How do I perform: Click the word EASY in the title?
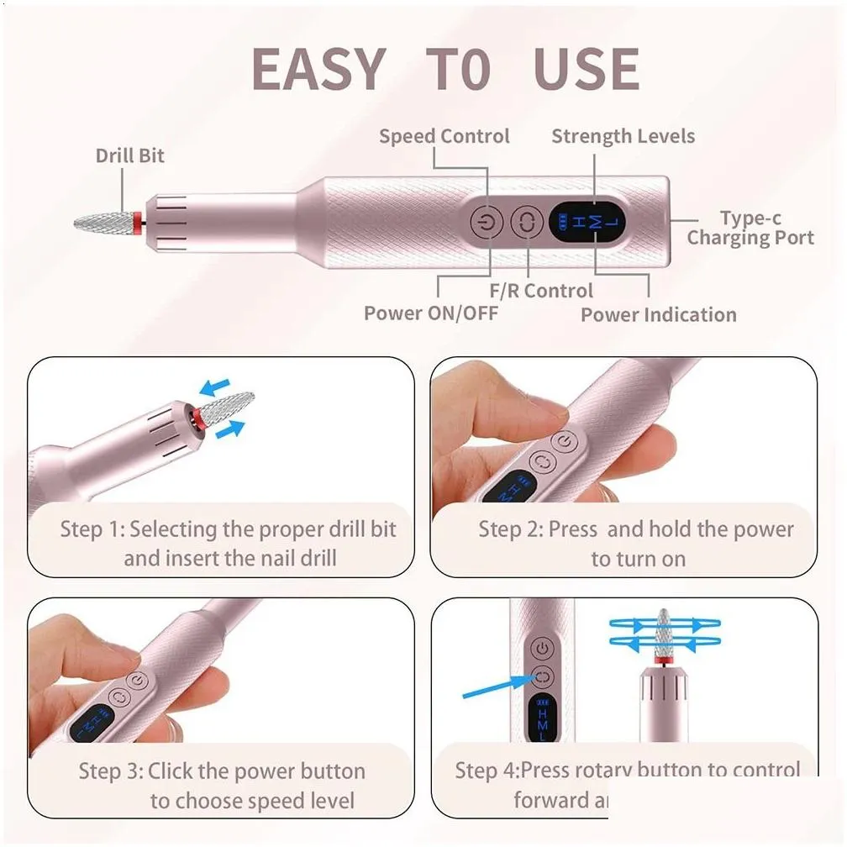(318, 69)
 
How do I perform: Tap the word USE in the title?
(587, 69)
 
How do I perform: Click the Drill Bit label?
(129, 155)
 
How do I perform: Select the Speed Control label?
(444, 136)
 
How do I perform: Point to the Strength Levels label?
(623, 136)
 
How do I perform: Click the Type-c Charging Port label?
(750, 228)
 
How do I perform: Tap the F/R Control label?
(541, 291)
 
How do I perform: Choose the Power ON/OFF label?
(430, 313)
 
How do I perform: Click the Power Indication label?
(658, 315)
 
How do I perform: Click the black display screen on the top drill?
(587, 222)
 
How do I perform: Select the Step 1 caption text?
(228, 544)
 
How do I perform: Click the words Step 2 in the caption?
(509, 529)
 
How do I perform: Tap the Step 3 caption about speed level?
(223, 785)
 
